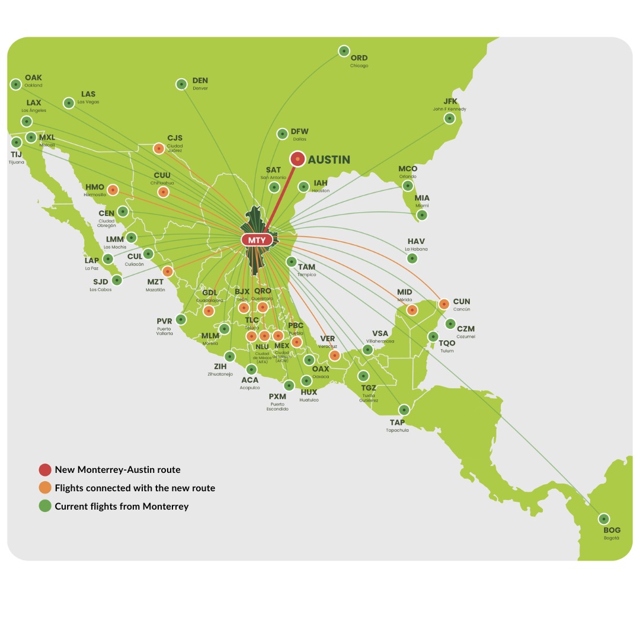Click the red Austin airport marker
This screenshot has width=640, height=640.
[x=297, y=159]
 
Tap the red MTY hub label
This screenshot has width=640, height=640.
[x=257, y=240]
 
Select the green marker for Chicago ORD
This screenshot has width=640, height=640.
[x=344, y=51]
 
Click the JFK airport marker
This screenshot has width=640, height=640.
[x=450, y=119]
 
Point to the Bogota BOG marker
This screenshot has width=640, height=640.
[x=603, y=519]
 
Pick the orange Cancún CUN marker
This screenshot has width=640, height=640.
[x=444, y=304]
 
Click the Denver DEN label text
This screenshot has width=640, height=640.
[x=200, y=81]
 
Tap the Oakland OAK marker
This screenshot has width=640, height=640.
[x=16, y=84]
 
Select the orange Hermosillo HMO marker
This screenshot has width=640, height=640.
[x=113, y=190]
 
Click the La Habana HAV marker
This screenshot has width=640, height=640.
[x=412, y=258]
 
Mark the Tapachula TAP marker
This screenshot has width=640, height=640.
[x=404, y=409]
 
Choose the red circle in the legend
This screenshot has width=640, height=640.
[x=45, y=470]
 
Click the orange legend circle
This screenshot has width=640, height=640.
[x=45, y=488]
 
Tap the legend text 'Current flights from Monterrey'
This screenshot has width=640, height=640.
[x=121, y=506]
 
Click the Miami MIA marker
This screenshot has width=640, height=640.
[x=421, y=215]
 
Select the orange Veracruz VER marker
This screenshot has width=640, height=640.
[x=335, y=356]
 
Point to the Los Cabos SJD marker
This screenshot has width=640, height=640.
[x=117, y=280]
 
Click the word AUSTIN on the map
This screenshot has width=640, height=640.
[x=329, y=159]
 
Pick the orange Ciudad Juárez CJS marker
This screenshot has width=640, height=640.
[x=159, y=149]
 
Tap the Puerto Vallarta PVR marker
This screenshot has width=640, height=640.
[x=181, y=319]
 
